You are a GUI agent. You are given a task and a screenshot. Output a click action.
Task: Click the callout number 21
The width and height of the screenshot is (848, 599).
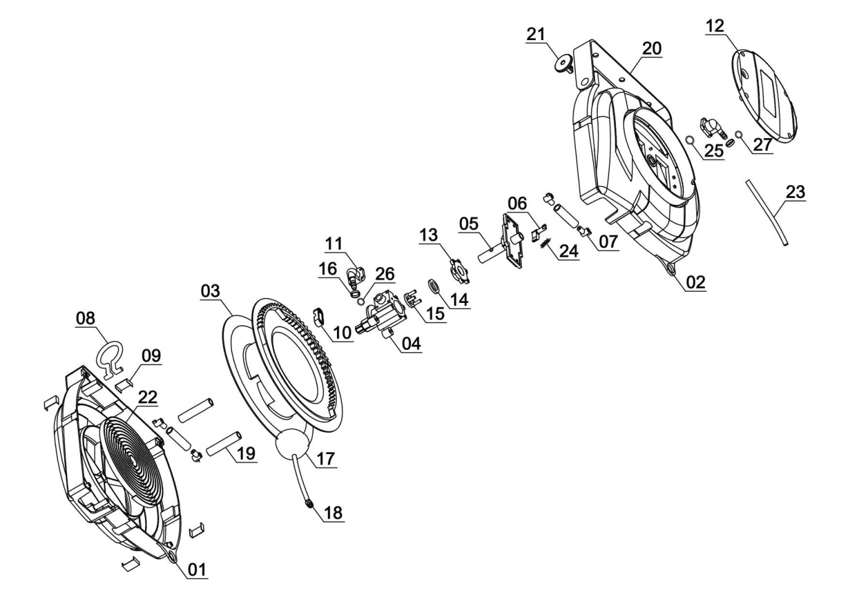click(535, 35)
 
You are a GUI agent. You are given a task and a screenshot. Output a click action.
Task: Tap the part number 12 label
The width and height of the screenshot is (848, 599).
click(715, 26)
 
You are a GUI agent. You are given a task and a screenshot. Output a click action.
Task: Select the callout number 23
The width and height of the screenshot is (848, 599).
click(795, 192)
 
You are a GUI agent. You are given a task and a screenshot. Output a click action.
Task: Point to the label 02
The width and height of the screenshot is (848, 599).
click(696, 283)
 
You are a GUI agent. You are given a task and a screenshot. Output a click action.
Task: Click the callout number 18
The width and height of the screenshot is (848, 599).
click(333, 513)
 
